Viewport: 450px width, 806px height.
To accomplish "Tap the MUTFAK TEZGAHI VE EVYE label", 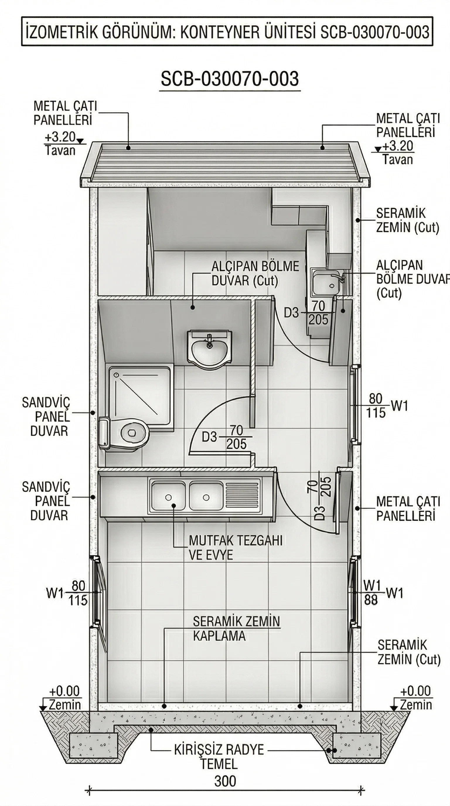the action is (x=236, y=548).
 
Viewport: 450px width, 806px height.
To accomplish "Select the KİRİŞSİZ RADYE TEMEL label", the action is (x=219, y=757).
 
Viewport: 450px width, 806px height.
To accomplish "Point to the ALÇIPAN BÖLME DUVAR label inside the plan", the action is (x=255, y=273).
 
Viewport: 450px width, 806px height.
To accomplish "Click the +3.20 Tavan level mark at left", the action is (x=61, y=144).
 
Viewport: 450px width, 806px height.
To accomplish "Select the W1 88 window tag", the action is (x=371, y=592).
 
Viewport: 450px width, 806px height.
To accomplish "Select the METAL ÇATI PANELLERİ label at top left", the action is (x=65, y=113).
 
